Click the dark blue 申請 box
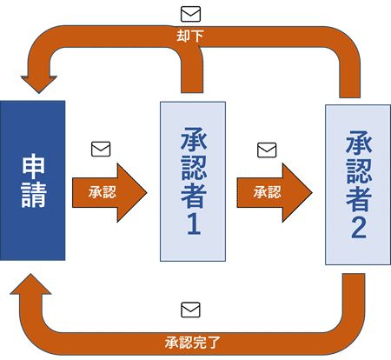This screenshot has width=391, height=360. (32, 180)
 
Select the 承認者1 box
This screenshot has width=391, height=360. (193, 182)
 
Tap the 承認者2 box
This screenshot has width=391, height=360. (358, 184)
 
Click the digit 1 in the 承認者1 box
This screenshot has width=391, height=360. (194, 224)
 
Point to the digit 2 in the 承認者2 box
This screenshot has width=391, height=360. (359, 228)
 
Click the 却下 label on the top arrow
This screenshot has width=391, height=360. (190, 36)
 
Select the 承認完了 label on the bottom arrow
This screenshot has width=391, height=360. (193, 343)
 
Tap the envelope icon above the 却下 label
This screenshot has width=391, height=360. (190, 14)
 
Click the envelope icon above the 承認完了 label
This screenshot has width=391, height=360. (190, 310)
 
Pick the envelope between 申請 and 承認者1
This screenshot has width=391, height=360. (101, 149)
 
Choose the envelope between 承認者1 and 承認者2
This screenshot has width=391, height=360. (267, 150)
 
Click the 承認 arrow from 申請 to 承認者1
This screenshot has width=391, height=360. (109, 193)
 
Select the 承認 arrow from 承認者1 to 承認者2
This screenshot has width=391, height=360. (275, 193)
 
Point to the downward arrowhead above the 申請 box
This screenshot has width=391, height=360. (39, 84)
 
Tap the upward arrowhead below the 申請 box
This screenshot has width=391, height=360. (30, 284)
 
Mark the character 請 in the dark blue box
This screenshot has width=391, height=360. (34, 195)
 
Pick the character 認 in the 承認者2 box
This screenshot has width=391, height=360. (359, 171)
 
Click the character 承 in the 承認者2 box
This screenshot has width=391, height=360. (359, 143)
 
